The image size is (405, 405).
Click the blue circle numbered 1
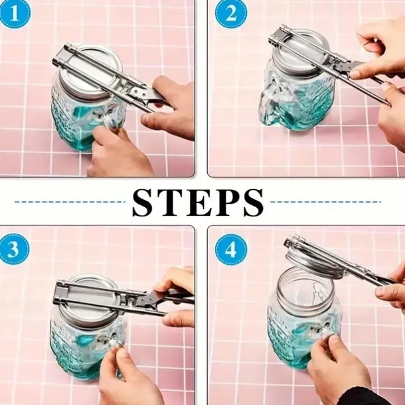14,13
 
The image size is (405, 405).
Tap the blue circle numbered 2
231,13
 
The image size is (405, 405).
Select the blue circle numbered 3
13,249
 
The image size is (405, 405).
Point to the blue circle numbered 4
231,250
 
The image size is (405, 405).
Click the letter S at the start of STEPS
144,202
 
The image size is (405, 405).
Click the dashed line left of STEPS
70,202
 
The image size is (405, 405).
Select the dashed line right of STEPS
326,202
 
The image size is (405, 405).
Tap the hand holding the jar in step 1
119,153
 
